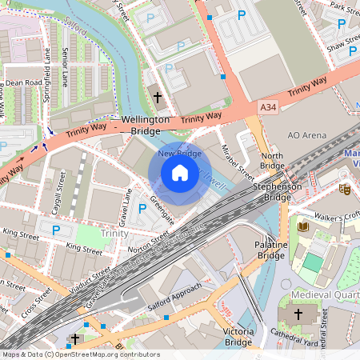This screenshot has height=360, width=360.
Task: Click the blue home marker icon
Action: click(180, 173)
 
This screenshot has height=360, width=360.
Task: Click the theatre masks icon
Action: click(345, 190)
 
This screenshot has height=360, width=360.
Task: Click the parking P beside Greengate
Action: click(142, 209)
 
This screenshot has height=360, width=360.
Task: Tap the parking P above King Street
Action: click(56, 230)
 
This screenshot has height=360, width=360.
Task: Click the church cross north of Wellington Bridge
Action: click(157, 98)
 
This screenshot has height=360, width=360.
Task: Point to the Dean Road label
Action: click(23, 82)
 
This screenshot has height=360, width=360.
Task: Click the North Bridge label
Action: click(272, 161)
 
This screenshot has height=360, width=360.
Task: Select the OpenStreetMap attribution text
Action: click(80, 354)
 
